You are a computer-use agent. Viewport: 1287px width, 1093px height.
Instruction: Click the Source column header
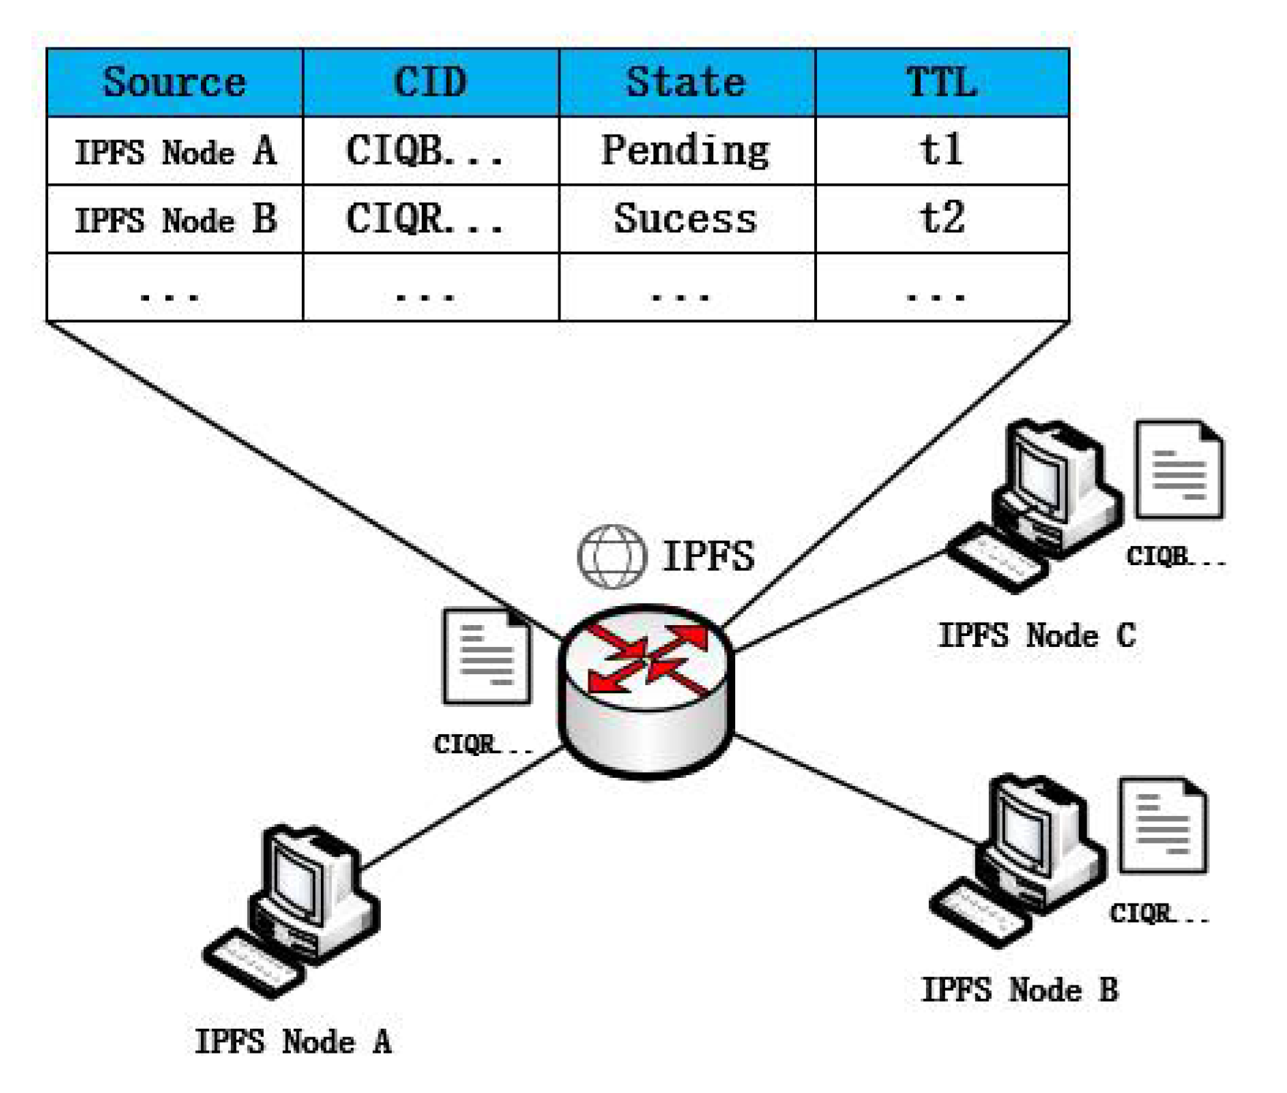click(x=175, y=82)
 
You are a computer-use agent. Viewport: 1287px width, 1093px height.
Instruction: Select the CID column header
click(x=430, y=82)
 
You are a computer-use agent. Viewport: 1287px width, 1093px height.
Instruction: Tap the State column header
click(x=686, y=82)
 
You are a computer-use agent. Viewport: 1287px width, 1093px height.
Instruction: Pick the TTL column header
click(x=941, y=82)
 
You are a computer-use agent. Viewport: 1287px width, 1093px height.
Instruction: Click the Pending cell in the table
click(x=686, y=151)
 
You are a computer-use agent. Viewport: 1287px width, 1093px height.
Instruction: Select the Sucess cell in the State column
click(x=686, y=219)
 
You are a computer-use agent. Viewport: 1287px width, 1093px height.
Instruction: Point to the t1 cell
click(x=941, y=151)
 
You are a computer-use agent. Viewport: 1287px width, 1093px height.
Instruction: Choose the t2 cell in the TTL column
click(x=941, y=219)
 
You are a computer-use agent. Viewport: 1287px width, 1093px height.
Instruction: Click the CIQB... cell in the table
click(x=425, y=151)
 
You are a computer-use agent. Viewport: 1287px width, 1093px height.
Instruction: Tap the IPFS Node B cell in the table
click(x=175, y=219)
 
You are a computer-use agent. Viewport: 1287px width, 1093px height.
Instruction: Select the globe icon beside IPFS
click(x=612, y=557)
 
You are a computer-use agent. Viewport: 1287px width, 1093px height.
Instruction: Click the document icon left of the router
click(x=487, y=656)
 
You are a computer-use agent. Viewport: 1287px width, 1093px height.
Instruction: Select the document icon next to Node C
click(x=1179, y=469)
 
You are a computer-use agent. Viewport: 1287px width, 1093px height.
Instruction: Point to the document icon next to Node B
click(x=1163, y=825)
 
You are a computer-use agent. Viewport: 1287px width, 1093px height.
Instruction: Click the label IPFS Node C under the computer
click(x=1036, y=635)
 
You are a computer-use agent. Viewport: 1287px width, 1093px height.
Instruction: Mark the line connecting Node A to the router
click(x=460, y=808)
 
